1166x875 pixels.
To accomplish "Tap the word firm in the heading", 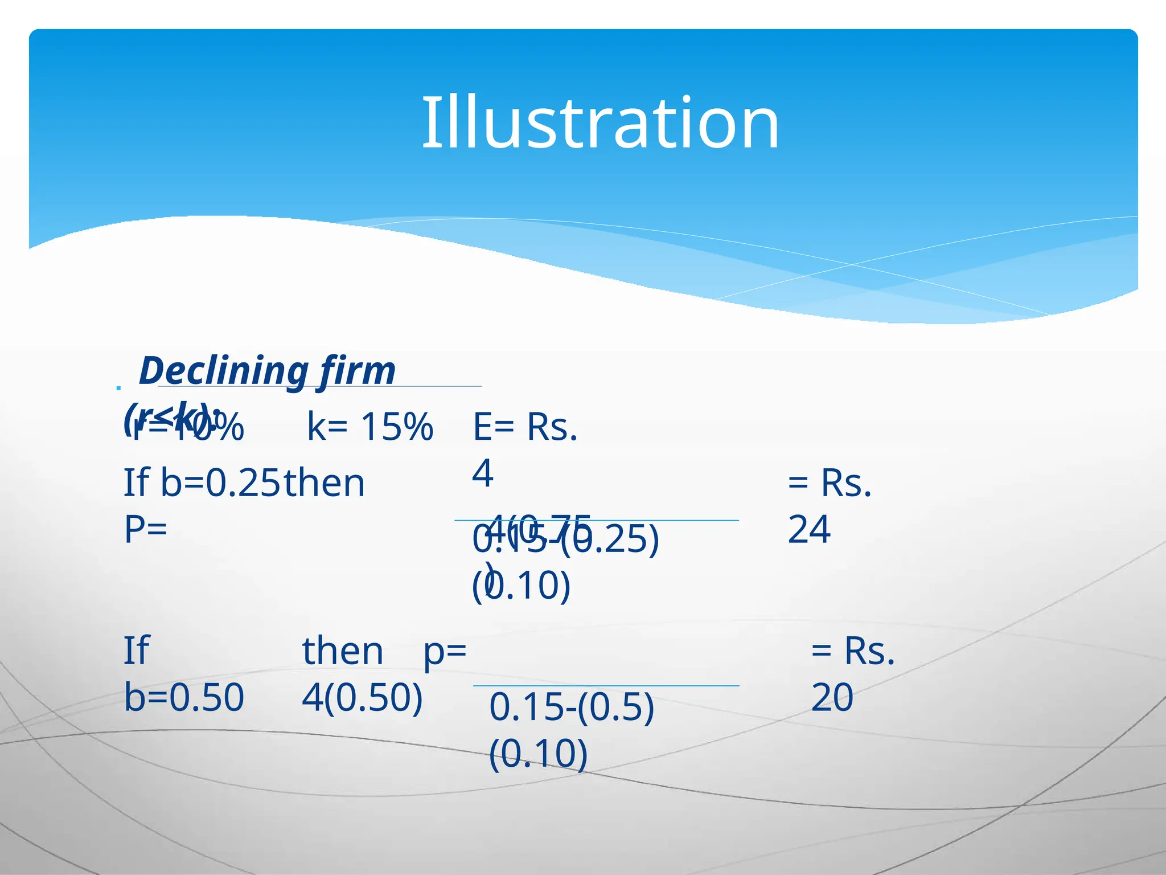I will (x=357, y=371).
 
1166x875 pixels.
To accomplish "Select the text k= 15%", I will (x=370, y=427).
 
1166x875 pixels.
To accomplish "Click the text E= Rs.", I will (x=525, y=427).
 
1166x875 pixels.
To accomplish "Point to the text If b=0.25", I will (x=202, y=483).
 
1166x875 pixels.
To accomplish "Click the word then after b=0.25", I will (x=324, y=483).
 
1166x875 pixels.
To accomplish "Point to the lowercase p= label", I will (x=445, y=651).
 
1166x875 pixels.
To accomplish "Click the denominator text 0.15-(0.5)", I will (x=572, y=707).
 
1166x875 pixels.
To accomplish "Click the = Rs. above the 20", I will (x=853, y=651).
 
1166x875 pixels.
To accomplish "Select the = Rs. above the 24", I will (x=830, y=483).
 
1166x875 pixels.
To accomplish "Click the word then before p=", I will (x=343, y=651).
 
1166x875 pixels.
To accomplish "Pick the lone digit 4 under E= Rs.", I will (x=482, y=473).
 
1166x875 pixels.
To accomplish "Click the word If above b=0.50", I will (x=137, y=651).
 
